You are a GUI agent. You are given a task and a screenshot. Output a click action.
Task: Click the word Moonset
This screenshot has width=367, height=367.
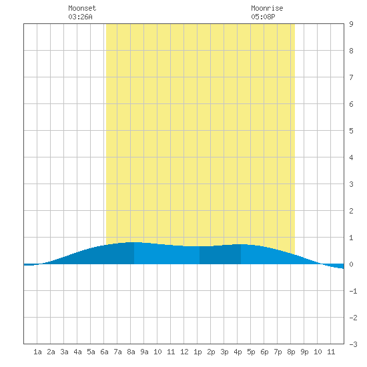(82, 8)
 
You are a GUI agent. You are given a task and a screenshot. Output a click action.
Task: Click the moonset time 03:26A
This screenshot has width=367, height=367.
(80, 17)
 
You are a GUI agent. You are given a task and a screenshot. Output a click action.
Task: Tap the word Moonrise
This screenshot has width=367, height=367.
(267, 8)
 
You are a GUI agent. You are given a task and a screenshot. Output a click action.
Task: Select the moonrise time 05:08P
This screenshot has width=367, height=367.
(263, 17)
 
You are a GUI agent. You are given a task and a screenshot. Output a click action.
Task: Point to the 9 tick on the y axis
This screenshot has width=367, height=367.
(351, 24)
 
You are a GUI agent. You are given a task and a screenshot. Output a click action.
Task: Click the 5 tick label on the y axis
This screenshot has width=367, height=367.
(351, 131)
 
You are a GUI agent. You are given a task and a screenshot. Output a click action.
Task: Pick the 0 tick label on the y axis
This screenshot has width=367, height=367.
(351, 264)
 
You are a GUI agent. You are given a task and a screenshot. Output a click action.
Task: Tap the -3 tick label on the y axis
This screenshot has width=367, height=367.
(353, 344)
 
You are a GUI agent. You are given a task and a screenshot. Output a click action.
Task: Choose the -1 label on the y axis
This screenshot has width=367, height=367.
(353, 291)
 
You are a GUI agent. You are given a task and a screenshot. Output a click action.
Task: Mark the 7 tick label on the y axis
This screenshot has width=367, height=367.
(351, 77)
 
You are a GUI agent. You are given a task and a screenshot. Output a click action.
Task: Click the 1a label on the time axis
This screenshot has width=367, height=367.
(37, 352)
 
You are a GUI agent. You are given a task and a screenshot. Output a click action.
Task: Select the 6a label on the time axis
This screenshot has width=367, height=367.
(104, 352)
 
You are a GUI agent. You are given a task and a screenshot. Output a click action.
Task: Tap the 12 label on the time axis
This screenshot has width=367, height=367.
(184, 352)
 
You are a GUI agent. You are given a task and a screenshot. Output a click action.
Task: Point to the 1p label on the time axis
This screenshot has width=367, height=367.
(198, 352)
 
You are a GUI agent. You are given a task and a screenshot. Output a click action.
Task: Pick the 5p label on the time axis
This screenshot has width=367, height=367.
(251, 352)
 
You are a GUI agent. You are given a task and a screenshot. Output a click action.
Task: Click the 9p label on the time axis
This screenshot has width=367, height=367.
(304, 352)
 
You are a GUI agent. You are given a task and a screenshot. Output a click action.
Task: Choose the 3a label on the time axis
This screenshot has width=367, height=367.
(64, 352)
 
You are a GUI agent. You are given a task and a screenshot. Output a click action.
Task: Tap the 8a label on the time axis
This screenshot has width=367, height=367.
(131, 352)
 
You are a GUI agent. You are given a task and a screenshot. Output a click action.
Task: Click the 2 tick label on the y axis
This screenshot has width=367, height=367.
(351, 211)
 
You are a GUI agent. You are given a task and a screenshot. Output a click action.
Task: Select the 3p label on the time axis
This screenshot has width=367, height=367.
(224, 352)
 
